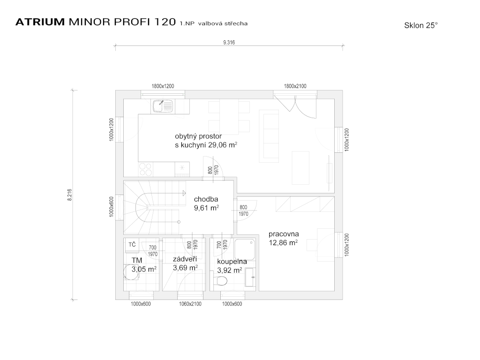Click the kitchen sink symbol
pyautogui.click(x=163, y=106)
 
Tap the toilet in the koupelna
pyautogui.click(x=220, y=280)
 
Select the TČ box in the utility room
pyautogui.click(x=132, y=245)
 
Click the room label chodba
pyautogui.click(x=206, y=199)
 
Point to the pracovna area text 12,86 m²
pyautogui.click(x=284, y=243)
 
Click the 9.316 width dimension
pyautogui.click(x=229, y=43)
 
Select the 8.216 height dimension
pyautogui.click(x=70, y=195)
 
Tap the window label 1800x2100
pyautogui.click(x=295, y=86)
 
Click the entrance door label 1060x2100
pyautogui.click(x=190, y=304)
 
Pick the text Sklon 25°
pyautogui.click(x=421, y=25)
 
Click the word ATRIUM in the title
pyautogui.click(x=40, y=22)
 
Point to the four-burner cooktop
pyautogui.click(x=146, y=170)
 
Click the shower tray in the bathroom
pyautogui.click(x=245, y=250)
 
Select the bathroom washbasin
pyautogui.click(x=250, y=277)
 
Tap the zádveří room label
pyautogui.click(x=185, y=259)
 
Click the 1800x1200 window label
pyautogui.click(x=163, y=86)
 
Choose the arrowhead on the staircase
pyautogui.click(x=184, y=193)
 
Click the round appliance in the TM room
pyautogui.click(x=131, y=272)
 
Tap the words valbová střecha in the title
pyautogui.click(x=223, y=23)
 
